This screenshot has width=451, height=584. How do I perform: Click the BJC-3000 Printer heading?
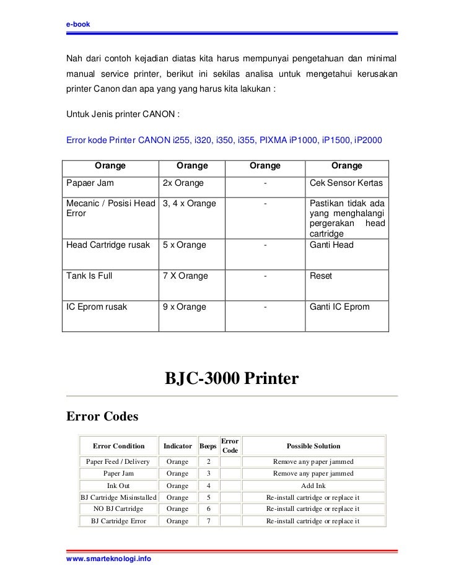click(231, 378)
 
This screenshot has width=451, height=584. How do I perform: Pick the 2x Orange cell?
click(178, 183)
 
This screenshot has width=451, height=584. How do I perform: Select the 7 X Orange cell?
click(185, 276)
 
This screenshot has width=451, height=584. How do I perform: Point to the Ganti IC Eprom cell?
click(338, 307)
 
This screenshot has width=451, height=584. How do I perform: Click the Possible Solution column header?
click(313, 446)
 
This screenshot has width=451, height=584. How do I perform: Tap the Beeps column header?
click(208, 446)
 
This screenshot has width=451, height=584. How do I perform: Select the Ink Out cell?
click(118, 486)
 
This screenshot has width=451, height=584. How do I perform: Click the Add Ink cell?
click(313, 486)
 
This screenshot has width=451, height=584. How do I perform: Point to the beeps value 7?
click(208, 521)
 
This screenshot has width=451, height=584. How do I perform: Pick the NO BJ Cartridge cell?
click(118, 509)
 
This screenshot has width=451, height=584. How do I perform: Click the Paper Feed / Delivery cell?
click(118, 462)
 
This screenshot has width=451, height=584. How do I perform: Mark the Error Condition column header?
click(118, 446)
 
